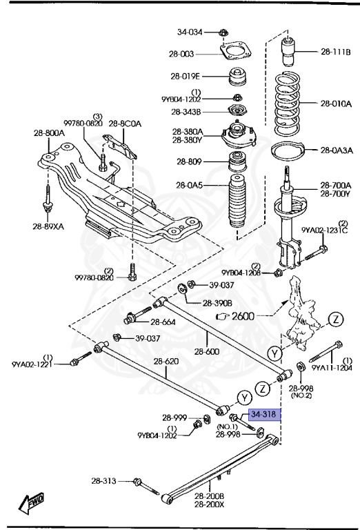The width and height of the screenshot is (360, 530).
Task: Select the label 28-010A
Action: [x=336, y=104]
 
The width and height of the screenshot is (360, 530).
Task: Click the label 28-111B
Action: [x=335, y=51]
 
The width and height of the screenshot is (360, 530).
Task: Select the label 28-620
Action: [x=166, y=361]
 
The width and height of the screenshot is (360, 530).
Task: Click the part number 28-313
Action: [x=106, y=481]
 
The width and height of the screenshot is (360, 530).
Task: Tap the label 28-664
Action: [x=164, y=322]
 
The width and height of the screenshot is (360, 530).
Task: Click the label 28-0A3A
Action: [x=335, y=150]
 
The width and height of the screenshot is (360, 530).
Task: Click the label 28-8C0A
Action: [x=125, y=124]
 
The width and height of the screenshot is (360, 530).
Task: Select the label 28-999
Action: [x=174, y=418]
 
